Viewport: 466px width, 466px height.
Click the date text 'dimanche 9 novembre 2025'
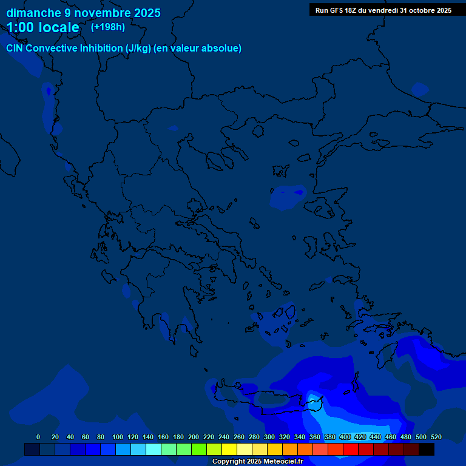[x=83, y=13]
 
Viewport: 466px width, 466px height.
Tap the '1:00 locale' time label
[x=43, y=27]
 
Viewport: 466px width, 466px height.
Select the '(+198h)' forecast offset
[x=107, y=27]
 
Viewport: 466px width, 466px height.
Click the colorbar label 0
[x=38, y=437]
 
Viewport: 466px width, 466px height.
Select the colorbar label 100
[x=118, y=437]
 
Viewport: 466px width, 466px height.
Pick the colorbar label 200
[x=194, y=437]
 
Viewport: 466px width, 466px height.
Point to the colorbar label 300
[x=269, y=437]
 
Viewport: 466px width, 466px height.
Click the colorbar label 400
[x=345, y=437]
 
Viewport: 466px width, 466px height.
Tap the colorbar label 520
[x=436, y=437]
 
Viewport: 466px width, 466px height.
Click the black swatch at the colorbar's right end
[x=427, y=449]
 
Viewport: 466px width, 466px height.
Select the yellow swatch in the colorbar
[x=229, y=449]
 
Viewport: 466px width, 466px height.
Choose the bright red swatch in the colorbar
[x=351, y=449]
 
